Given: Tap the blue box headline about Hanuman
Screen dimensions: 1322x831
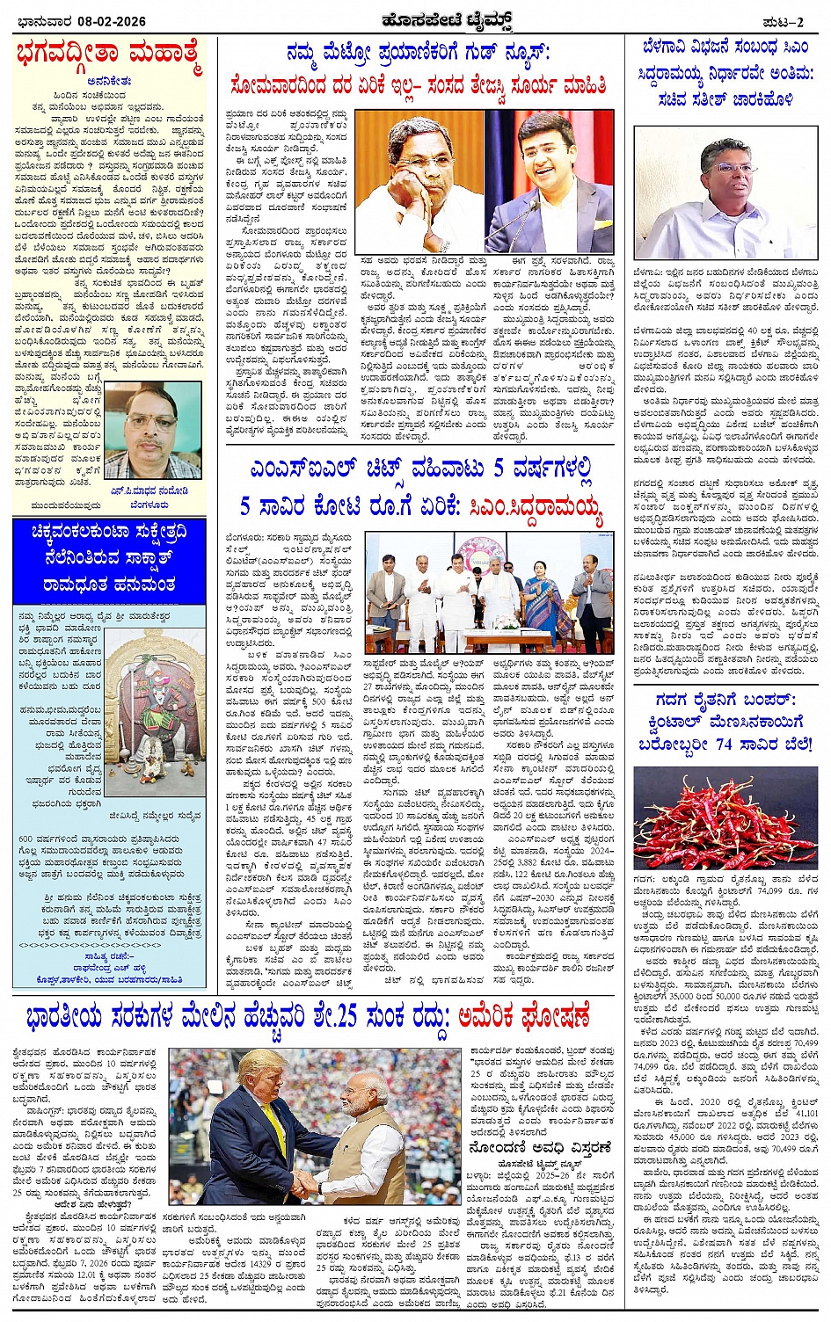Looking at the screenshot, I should click(109, 560).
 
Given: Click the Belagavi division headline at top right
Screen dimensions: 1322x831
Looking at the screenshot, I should click(725, 73).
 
